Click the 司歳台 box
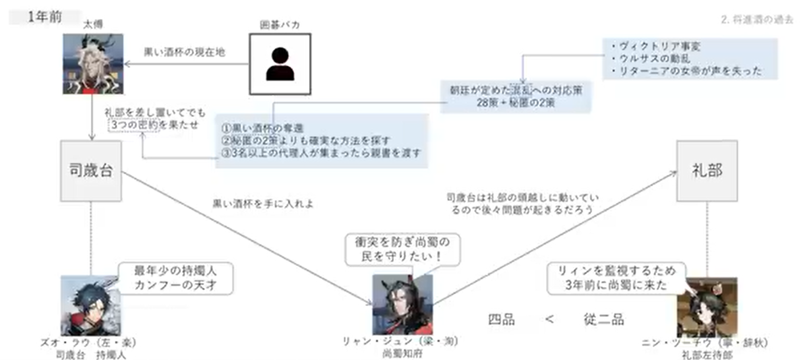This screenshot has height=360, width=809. tap(91, 170)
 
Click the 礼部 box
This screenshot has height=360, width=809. tap(707, 171)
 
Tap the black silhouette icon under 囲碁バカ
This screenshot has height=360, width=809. tap(279, 63)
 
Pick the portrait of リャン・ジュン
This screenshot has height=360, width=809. tap(402, 304)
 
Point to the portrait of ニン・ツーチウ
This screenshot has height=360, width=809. tap(707, 307)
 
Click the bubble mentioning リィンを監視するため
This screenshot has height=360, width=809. tap(612, 277)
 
